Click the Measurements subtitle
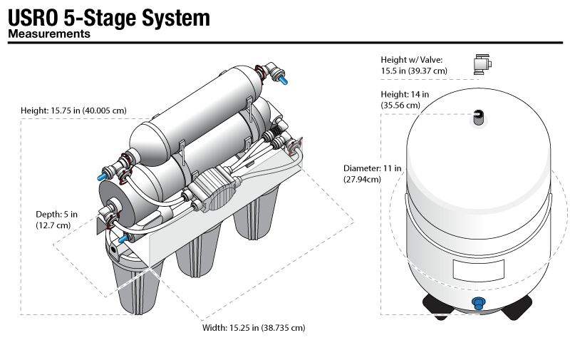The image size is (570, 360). [x=48, y=33]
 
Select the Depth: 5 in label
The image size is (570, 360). [x=57, y=214]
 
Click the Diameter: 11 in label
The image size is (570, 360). [x=372, y=168]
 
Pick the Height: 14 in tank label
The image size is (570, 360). [x=405, y=94]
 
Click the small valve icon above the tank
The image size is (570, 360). [x=482, y=64]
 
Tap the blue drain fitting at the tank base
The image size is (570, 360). [x=479, y=303]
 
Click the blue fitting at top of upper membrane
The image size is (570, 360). [x=284, y=80]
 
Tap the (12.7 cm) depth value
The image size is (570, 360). [x=54, y=225]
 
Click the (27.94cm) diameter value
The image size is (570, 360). [x=362, y=179]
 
